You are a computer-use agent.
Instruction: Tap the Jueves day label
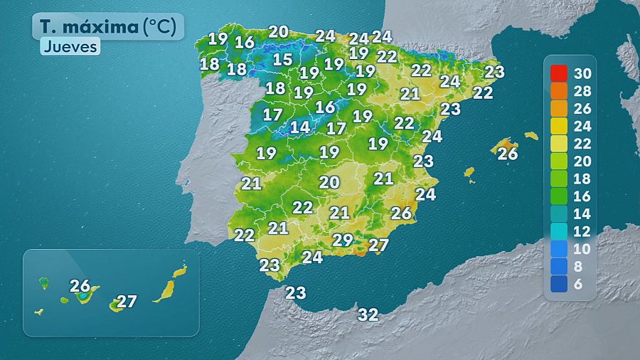(69, 48)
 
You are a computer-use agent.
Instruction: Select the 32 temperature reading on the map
(368, 314)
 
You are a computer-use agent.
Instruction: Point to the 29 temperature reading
(343, 240)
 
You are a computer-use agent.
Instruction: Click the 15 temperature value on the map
(282, 60)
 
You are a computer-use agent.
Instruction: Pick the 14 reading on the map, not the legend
(300, 127)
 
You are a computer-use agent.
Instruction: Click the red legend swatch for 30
(559, 73)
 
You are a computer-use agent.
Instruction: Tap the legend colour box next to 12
(559, 231)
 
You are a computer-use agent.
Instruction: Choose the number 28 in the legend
(582, 91)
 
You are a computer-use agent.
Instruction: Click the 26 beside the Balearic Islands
(508, 153)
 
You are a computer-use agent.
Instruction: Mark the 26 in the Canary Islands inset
(80, 285)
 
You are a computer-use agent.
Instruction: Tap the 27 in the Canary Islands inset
(127, 301)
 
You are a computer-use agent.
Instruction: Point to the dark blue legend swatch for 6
(559, 284)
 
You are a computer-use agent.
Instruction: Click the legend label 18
(582, 179)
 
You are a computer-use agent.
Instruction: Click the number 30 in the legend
(582, 73)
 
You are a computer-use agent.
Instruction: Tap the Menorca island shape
(531, 135)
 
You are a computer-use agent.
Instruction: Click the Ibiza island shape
(469, 173)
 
